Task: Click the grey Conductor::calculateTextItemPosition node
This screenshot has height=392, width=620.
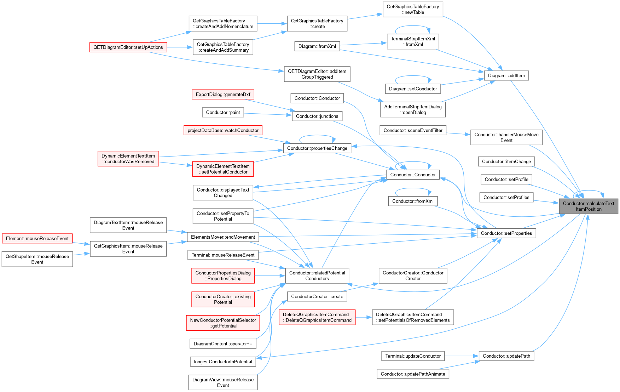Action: pyautogui.click(x=588, y=206)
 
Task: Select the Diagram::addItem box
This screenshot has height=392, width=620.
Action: pyautogui.click(x=506, y=75)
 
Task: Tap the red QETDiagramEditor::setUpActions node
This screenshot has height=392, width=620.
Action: pyautogui.click(x=128, y=47)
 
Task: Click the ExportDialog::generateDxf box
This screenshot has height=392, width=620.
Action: pyautogui.click(x=223, y=95)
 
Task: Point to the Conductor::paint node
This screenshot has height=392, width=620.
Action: pyautogui.click(x=223, y=112)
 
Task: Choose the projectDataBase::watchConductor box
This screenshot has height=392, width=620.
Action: pyautogui.click(x=223, y=130)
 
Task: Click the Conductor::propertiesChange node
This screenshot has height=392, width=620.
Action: pyautogui.click(x=317, y=148)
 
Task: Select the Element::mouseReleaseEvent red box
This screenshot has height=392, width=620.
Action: pyautogui.click(x=37, y=238)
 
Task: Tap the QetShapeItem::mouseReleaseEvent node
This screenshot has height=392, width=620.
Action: pyautogui.click(x=37, y=259)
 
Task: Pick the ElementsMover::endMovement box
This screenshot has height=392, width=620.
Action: pyautogui.click(x=223, y=237)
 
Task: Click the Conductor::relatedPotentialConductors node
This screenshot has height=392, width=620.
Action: pyautogui.click(x=317, y=275)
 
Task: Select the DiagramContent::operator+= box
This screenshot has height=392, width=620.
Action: pyautogui.click(x=223, y=343)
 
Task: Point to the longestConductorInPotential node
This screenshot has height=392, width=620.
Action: pyautogui.click(x=223, y=362)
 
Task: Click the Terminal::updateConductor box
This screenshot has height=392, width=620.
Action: pyautogui.click(x=413, y=356)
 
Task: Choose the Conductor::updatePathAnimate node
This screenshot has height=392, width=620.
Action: pyautogui.click(x=413, y=374)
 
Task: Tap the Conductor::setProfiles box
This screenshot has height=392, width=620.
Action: pyautogui.click(x=506, y=197)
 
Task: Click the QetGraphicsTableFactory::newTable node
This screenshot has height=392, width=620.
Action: pyautogui.click(x=413, y=9)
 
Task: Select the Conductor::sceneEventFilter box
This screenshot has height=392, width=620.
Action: pyautogui.click(x=413, y=130)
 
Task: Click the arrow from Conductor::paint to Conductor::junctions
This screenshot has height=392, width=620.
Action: pyautogui.click(x=268, y=114)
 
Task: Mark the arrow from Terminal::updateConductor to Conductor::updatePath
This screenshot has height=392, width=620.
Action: pyautogui.click(x=462, y=356)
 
